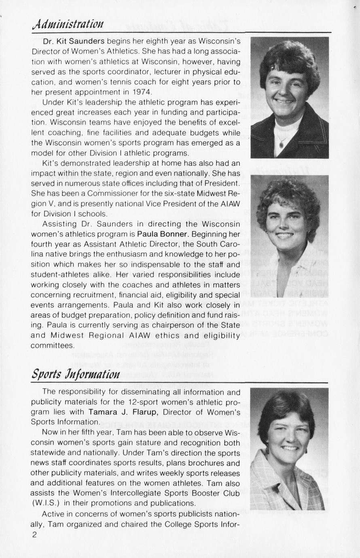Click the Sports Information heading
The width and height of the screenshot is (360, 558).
(x=76, y=374)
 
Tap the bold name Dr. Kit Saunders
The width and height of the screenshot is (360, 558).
(x=74, y=41)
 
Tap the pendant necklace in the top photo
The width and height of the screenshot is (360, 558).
(x=281, y=144)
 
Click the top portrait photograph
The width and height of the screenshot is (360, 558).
(x=290, y=97)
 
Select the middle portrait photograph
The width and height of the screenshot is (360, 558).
(x=290, y=236)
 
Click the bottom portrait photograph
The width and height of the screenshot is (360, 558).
(x=289, y=449)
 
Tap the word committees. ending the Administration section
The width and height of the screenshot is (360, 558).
(x=53, y=346)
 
